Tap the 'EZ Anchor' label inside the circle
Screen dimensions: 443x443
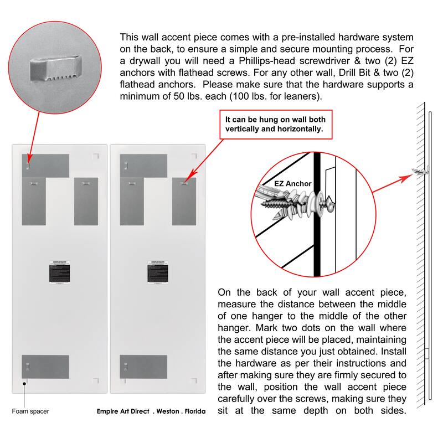[293, 184]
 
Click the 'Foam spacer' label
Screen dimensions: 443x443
[30, 411]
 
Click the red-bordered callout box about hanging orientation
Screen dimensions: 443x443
[274, 125]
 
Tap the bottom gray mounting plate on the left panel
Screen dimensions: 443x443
[45, 367]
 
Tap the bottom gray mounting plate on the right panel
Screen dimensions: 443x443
[143, 367]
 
